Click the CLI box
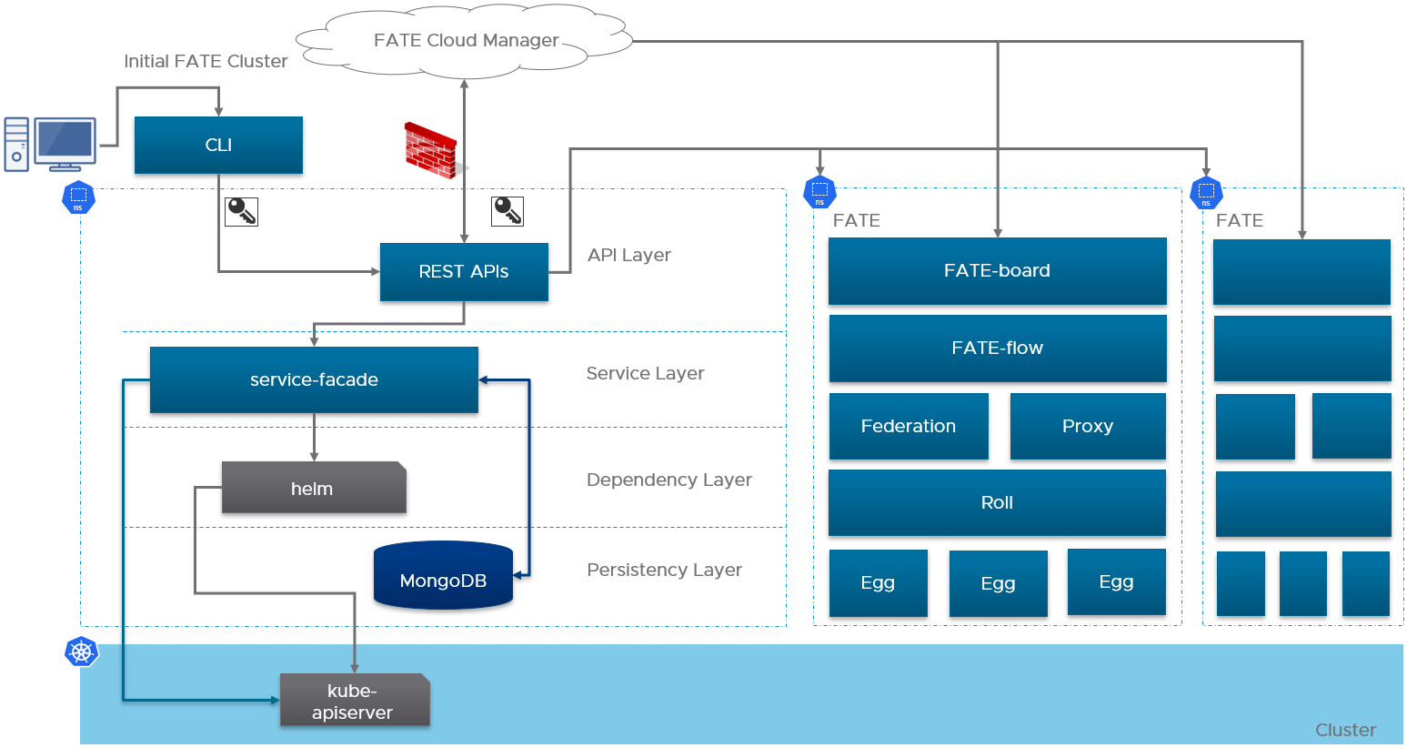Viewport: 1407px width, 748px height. tap(218, 145)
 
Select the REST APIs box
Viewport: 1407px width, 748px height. tap(464, 271)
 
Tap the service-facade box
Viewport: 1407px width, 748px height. tap(314, 379)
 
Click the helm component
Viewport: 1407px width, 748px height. tap(314, 488)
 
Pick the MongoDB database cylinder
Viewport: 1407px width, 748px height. tap(444, 575)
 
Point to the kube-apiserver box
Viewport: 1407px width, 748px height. tap(355, 701)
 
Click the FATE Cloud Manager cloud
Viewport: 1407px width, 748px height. tap(464, 41)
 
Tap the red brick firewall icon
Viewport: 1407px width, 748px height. tap(432, 150)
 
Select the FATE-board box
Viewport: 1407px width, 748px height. tap(998, 271)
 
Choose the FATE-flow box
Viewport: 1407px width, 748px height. tap(998, 349)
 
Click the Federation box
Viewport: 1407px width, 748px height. tap(909, 426)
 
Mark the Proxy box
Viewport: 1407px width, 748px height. tap(1088, 426)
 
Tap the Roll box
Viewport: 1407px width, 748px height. tap(997, 503)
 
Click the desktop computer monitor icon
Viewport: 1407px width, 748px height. tap(65, 144)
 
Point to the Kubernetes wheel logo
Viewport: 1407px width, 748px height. tap(81, 652)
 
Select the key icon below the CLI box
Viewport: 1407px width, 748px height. tap(241, 211)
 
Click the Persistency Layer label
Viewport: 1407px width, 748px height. tap(664, 570)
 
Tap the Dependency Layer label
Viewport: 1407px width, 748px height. tap(669, 480)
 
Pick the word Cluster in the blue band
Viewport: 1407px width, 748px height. tap(1345, 730)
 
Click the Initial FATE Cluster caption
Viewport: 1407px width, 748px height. tap(206, 61)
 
